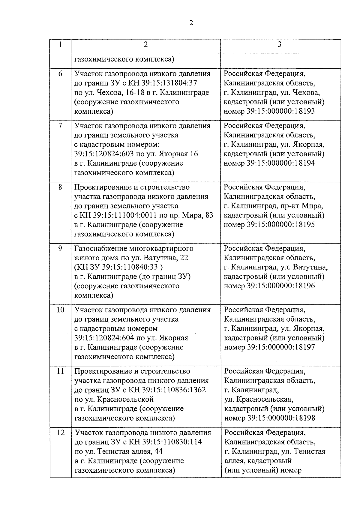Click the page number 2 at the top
[x=191, y=23]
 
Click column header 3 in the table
[x=280, y=45]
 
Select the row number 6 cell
[x=60, y=74]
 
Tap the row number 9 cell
[x=60, y=249]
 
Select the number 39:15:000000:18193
[x=281, y=111]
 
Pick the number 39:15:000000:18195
[x=281, y=225]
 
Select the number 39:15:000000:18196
[x=281, y=286]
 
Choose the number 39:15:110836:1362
[x=167, y=390]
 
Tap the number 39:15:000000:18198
[x=281, y=418]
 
